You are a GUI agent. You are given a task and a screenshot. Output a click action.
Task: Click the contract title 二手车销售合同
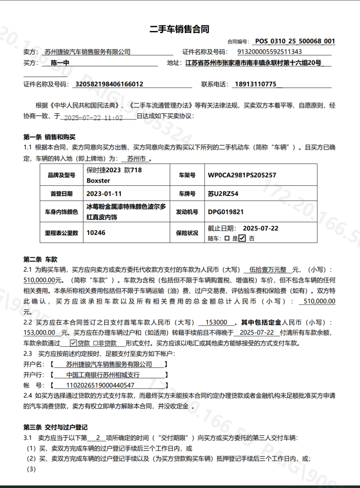click(179, 29)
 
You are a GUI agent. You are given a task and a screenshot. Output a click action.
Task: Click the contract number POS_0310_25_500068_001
click(295, 41)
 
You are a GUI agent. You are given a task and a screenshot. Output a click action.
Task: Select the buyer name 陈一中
click(60, 63)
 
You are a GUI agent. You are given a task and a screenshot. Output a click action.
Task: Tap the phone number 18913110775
click(256, 84)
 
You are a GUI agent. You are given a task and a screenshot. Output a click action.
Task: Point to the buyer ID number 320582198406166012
click(109, 84)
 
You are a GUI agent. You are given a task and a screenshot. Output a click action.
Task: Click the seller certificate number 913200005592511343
click(269, 52)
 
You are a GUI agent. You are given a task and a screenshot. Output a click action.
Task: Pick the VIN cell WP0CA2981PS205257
click(242, 175)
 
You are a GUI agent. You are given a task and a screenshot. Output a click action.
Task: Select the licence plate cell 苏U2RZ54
click(223, 194)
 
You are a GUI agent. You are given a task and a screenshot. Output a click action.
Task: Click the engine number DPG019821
click(225, 212)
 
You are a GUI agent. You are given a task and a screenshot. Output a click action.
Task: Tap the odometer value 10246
click(96, 233)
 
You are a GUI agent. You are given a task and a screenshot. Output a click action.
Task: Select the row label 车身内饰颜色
click(61, 212)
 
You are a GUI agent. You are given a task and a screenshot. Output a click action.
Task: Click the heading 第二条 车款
click(40, 260)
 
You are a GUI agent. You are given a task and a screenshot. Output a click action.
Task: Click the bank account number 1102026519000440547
click(100, 385)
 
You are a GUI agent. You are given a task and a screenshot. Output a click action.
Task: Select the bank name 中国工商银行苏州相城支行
click(103, 375)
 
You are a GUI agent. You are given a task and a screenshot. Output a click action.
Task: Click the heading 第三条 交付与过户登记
click(55, 427)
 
